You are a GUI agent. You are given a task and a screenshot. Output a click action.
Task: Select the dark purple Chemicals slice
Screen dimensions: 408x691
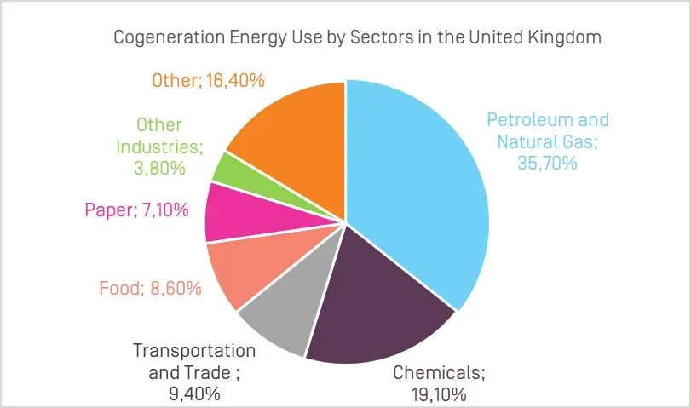375,315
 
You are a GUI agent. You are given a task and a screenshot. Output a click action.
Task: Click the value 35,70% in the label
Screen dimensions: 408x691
548,162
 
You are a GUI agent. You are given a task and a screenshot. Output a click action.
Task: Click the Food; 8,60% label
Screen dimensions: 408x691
150,288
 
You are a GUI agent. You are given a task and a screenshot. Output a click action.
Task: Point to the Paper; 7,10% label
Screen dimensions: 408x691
136,210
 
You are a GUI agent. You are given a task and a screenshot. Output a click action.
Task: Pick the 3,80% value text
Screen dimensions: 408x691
159,168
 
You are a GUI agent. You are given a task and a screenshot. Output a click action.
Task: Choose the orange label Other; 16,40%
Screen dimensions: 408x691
208,81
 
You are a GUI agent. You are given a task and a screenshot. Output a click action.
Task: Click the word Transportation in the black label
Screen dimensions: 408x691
194,351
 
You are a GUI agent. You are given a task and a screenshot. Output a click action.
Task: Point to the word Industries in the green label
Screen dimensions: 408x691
159,147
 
